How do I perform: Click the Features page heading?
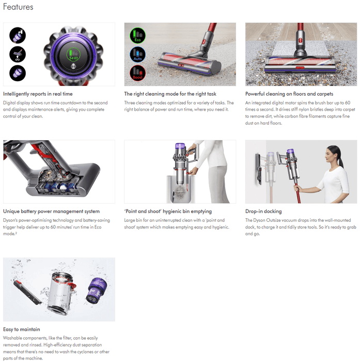coord(18,7)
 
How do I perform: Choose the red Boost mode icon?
coord(137,73)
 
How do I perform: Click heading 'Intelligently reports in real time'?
coord(38,94)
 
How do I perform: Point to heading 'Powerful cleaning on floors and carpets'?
coord(289,94)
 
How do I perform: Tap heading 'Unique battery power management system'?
coord(51,212)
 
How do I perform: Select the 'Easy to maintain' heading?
coord(21,329)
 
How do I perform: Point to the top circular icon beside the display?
coord(18,36)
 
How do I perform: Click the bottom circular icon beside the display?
coord(18,72)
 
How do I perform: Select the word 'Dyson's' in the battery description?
coord(11,220)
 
